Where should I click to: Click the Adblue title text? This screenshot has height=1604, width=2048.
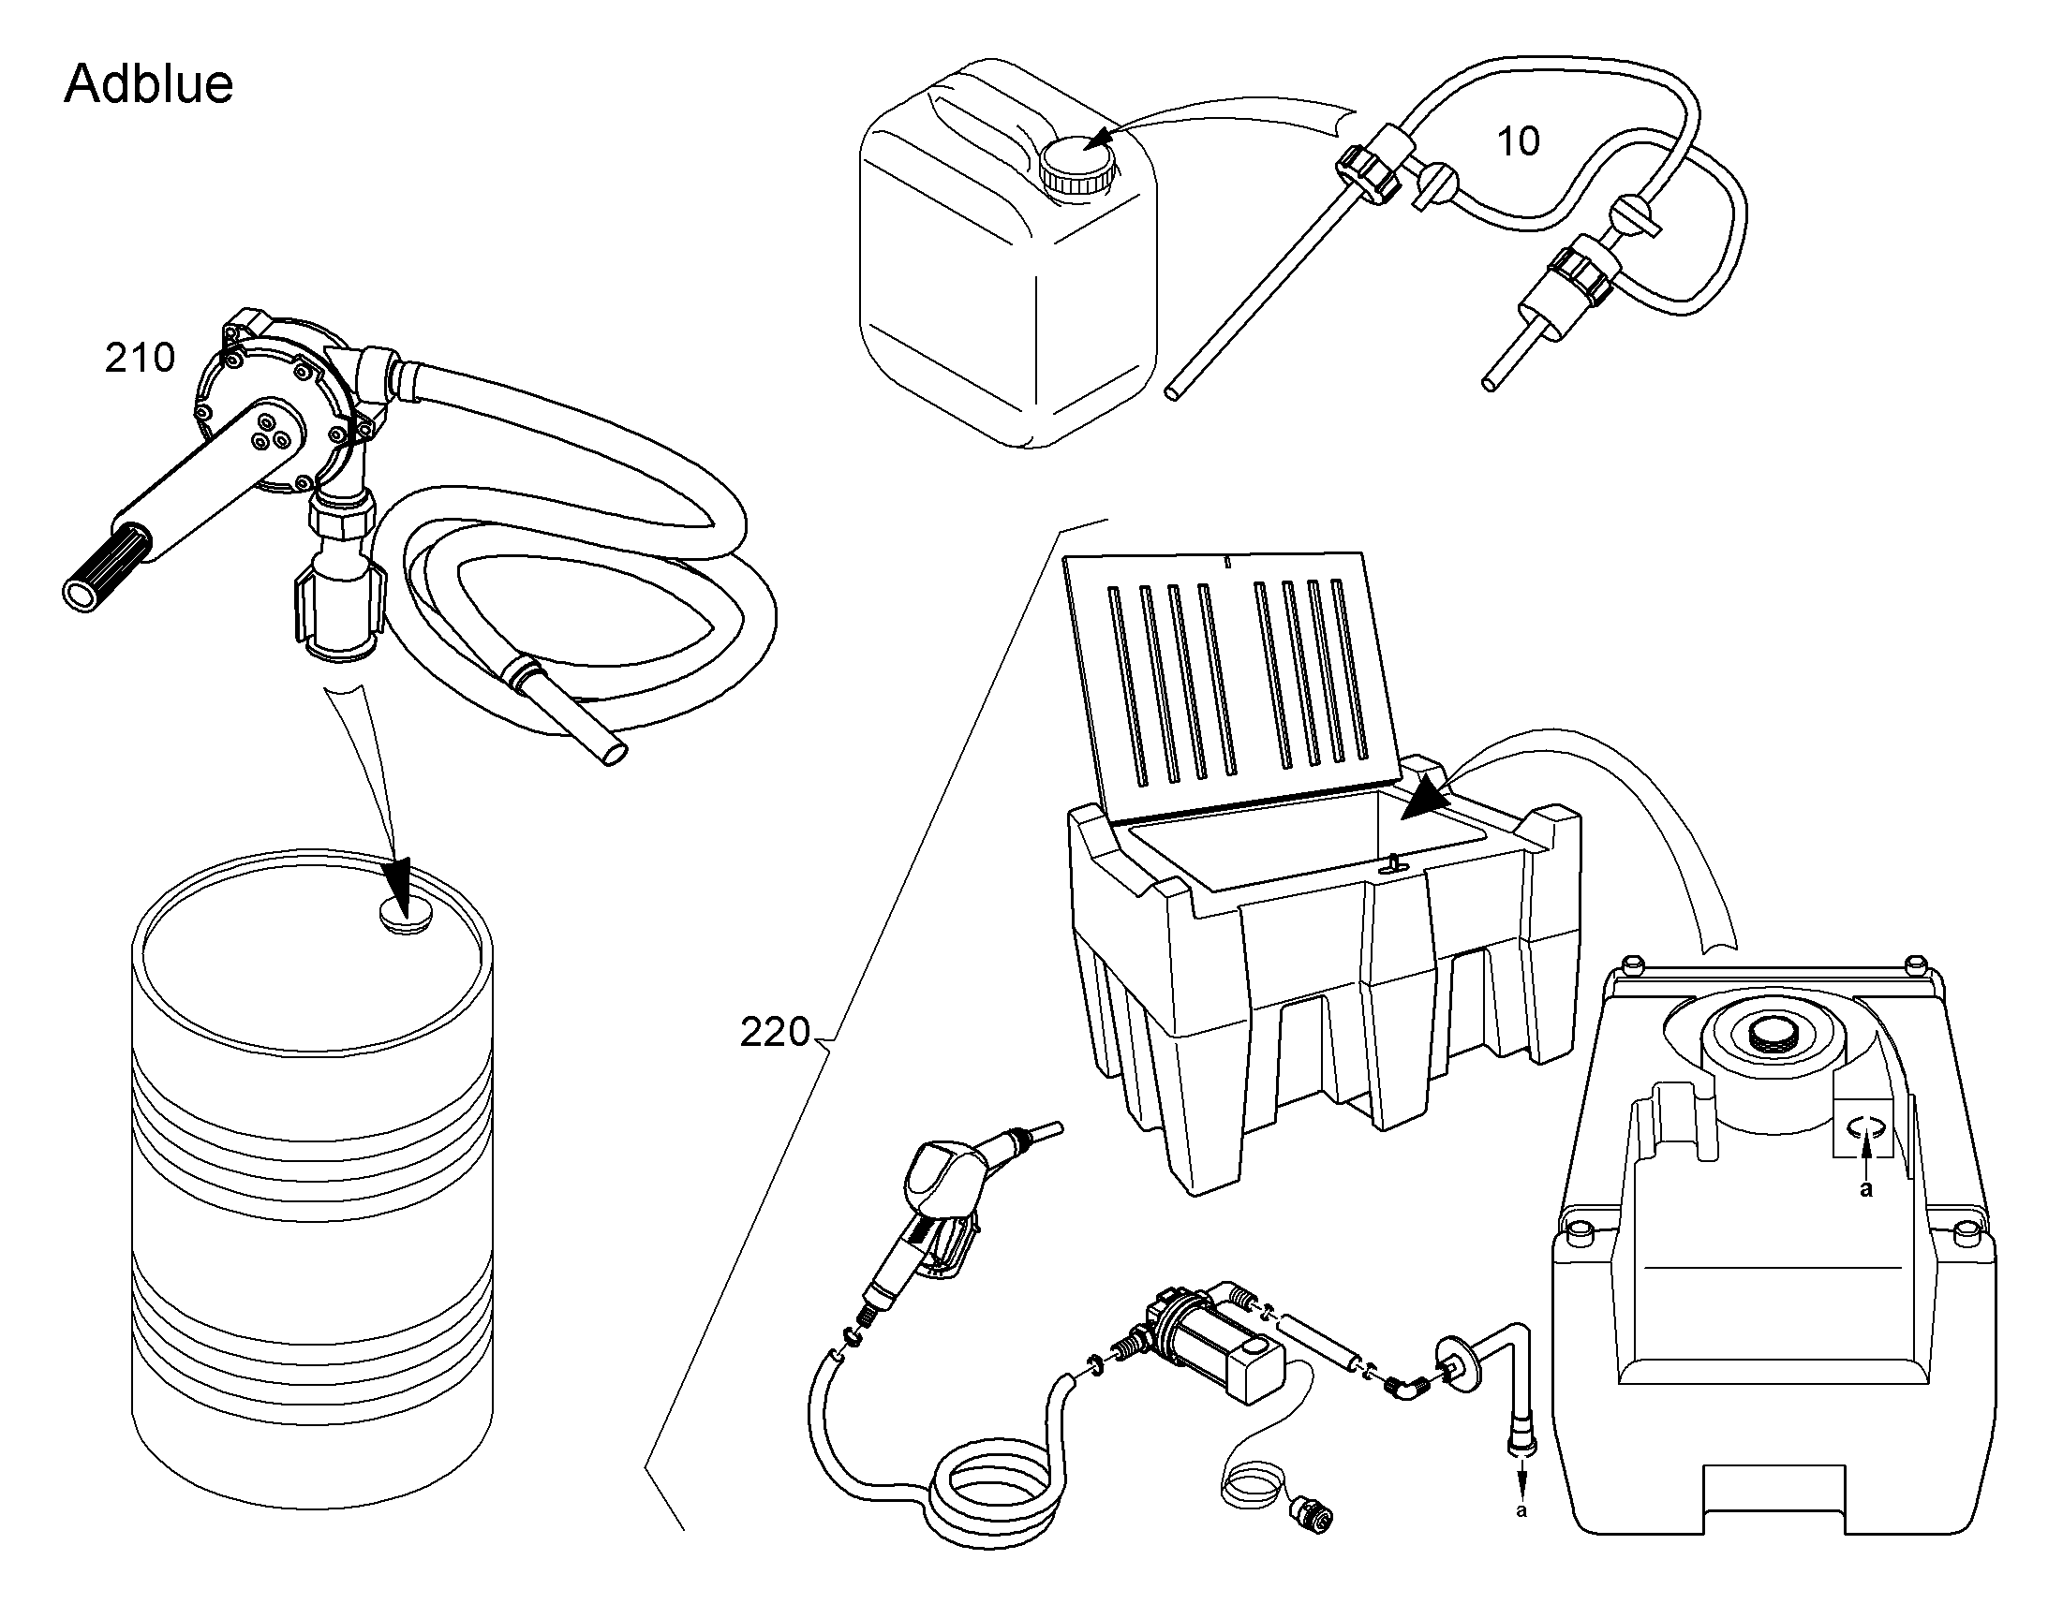coord(148,83)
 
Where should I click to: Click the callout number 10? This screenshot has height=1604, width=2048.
coord(1518,141)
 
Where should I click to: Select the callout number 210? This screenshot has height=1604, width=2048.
coord(140,358)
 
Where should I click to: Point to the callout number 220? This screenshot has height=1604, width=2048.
coord(775,1032)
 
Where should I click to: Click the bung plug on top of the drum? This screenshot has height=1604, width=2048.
coord(404,914)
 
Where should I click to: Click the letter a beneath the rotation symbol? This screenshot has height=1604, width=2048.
coord(1866,1190)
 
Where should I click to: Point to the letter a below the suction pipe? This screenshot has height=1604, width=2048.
coord(1521,1511)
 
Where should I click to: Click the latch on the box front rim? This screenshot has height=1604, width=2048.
coord(1389,863)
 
